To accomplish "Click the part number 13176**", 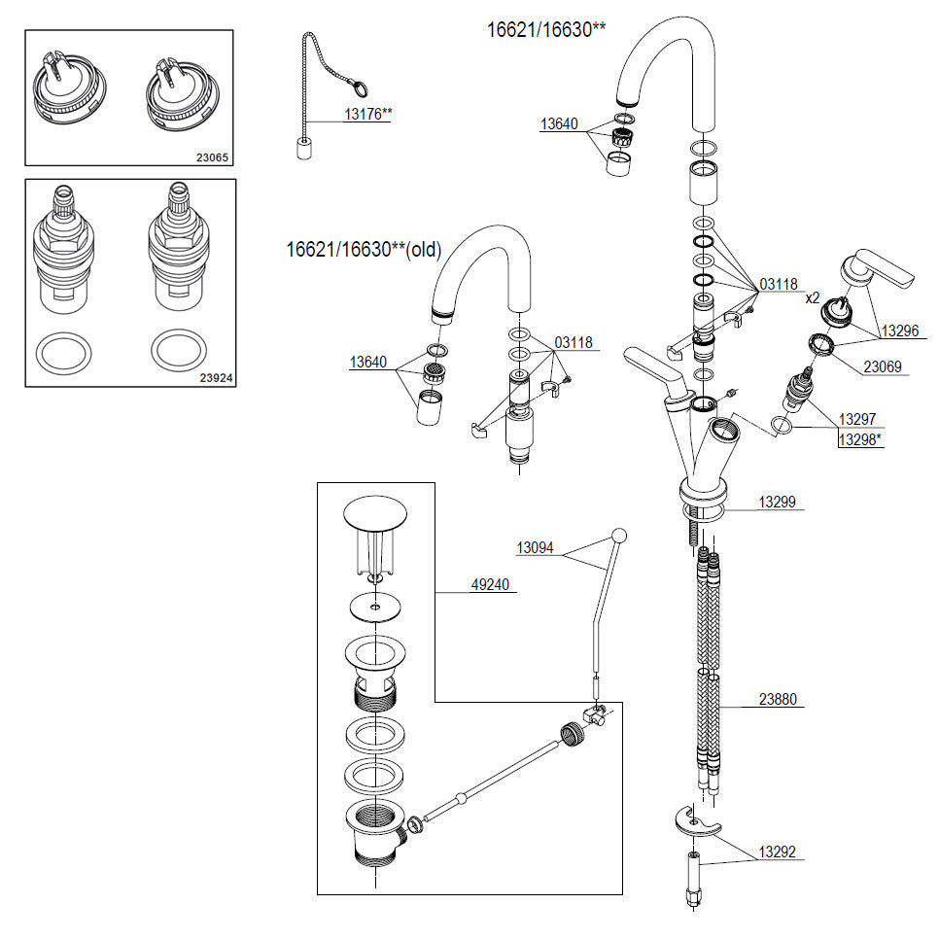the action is [368, 113].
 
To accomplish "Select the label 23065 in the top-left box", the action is [212, 157].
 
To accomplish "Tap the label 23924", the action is [216, 378].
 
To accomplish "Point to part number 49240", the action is [490, 584].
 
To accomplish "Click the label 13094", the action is [535, 547].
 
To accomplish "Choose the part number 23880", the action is [778, 699].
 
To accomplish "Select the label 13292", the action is [778, 851].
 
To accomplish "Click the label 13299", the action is [778, 502].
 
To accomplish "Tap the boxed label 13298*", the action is [860, 439].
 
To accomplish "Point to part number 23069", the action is [882, 366].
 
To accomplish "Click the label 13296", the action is [900, 330].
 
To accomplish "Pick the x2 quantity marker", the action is [812, 297].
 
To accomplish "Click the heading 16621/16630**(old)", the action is [364, 249].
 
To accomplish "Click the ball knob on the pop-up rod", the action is [619, 536].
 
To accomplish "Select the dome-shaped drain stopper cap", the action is [375, 513].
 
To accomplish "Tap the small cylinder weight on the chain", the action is [305, 149].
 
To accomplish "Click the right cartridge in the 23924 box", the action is [179, 249].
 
